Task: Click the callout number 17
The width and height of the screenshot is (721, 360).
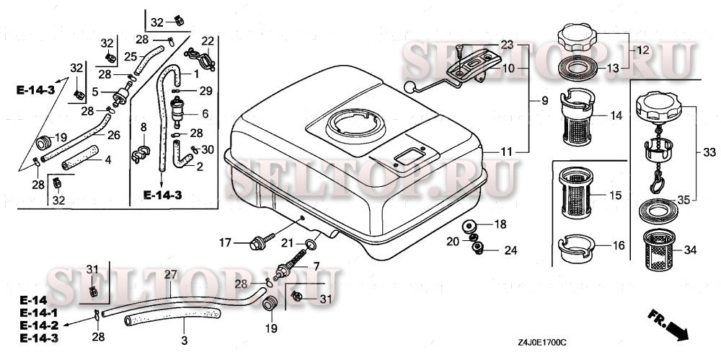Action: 225,242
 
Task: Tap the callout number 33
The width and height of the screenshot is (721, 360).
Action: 709,152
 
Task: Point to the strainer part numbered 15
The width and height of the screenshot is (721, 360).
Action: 575,193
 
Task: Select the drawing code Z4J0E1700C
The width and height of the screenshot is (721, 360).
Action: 541,343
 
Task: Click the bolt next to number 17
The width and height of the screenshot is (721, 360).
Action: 262,242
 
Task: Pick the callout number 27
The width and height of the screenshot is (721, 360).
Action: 171,275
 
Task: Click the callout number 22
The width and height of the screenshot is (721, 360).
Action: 208,41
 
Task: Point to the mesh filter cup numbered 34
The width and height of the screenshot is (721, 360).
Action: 658,250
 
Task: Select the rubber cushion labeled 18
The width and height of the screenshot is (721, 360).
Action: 469,227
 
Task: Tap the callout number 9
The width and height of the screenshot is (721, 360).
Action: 544,100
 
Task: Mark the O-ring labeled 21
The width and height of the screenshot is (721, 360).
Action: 311,244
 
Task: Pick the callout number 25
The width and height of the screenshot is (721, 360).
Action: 131,56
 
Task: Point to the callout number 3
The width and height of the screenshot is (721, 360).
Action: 184,341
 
